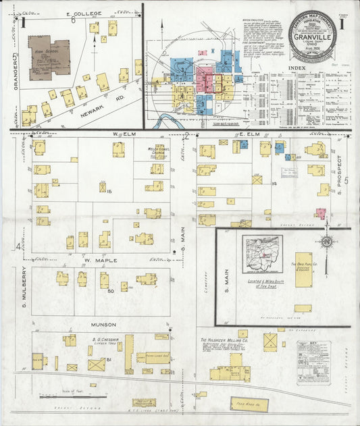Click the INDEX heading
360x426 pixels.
click(x=295, y=68)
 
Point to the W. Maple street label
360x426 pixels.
click(x=101, y=259)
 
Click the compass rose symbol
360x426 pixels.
click(x=327, y=241)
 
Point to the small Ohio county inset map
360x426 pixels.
click(x=262, y=254)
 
